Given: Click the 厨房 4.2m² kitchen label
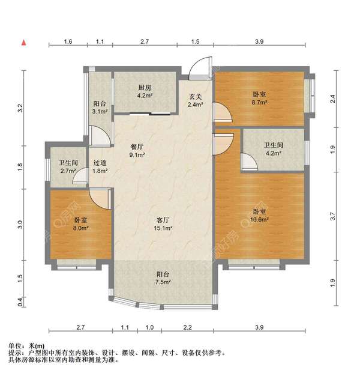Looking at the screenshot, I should point(145,90).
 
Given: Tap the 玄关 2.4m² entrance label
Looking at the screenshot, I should point(195,100).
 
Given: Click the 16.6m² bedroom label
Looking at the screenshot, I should point(260,216).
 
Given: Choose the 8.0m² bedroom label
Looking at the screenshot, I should point(81,223).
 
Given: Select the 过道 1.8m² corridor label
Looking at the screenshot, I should point(100,166).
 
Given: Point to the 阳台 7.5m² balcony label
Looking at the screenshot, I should point(163,277).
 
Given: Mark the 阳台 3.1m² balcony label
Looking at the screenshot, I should point(100,107).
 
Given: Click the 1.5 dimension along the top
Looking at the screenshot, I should point(196,41).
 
